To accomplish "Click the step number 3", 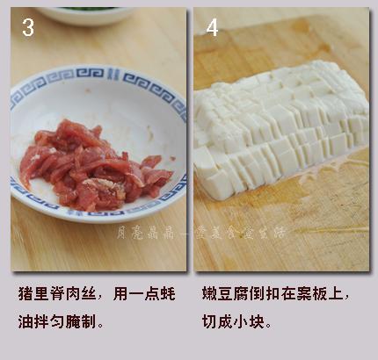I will (x=28, y=28).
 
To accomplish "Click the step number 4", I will (x=212, y=28).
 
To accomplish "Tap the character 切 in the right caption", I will (x=209, y=321).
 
